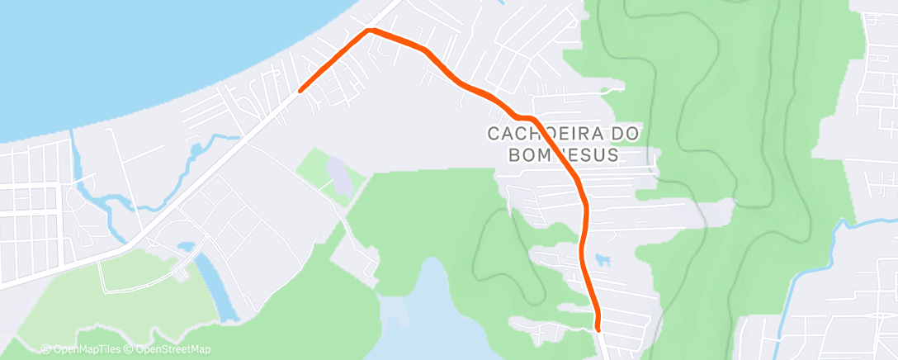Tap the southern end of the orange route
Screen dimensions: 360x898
[x=598, y=329]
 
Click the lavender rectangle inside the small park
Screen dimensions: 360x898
[x=338, y=172]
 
